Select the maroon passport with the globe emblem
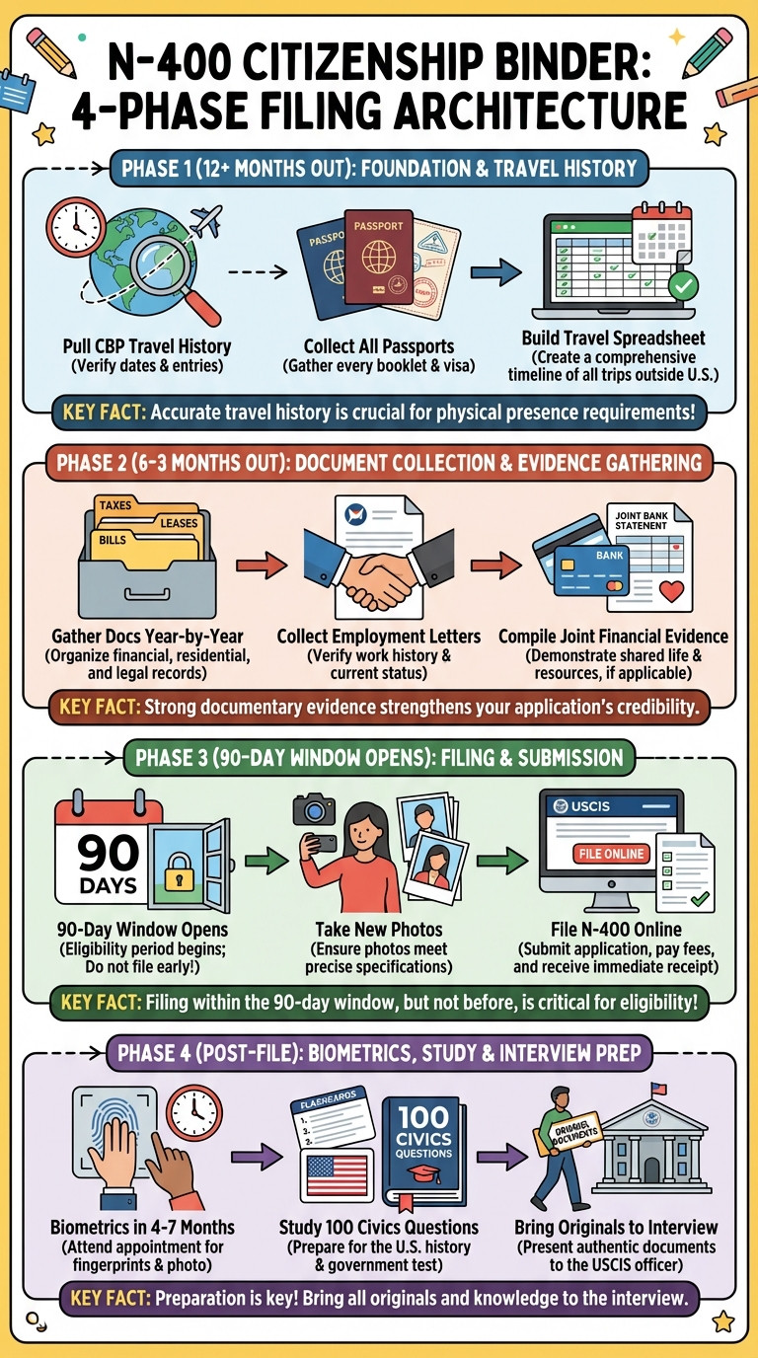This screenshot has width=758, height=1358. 379,257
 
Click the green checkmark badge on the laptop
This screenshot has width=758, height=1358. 683,285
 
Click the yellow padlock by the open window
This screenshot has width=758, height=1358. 179,871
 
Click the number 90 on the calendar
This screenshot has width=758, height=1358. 108,853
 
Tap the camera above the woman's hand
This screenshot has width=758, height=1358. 314,808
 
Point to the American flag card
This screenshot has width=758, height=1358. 338,1174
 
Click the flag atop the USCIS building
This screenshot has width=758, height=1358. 658,1088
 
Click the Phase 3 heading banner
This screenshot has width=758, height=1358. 379,757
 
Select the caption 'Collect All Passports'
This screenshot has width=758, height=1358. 379,346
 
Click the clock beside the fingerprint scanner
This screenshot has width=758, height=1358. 194,1113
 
